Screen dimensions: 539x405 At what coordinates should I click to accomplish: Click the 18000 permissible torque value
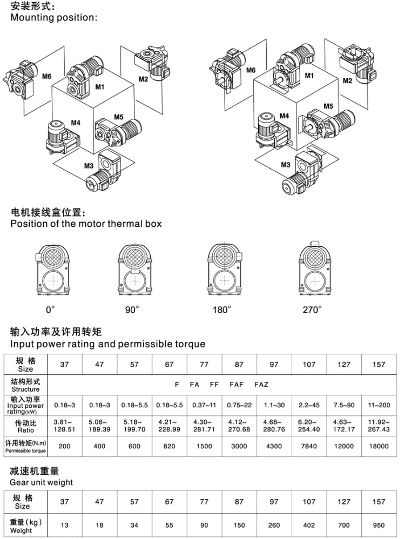click(379, 446)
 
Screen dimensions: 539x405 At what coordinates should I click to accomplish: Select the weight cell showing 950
click(379, 525)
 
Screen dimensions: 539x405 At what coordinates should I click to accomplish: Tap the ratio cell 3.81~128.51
click(65, 426)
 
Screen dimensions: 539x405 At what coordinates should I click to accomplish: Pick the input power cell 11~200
click(379, 405)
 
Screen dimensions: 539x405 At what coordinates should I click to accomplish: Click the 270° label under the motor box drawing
click(312, 309)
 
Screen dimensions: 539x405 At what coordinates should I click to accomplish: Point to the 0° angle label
click(50, 309)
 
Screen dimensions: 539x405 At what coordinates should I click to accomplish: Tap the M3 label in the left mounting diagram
click(89, 165)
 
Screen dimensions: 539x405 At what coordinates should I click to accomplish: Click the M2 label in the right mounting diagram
click(347, 80)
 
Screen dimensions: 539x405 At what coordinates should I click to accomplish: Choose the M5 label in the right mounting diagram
click(328, 106)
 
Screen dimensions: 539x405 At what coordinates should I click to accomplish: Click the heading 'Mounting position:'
click(53, 18)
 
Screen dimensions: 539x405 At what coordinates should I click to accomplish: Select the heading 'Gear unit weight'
click(42, 482)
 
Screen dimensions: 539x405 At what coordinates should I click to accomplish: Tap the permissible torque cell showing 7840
click(309, 446)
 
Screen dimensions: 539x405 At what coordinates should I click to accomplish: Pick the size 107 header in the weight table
click(309, 502)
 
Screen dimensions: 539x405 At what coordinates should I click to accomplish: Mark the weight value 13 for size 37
click(65, 525)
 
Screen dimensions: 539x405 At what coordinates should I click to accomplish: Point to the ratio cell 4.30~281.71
click(204, 426)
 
